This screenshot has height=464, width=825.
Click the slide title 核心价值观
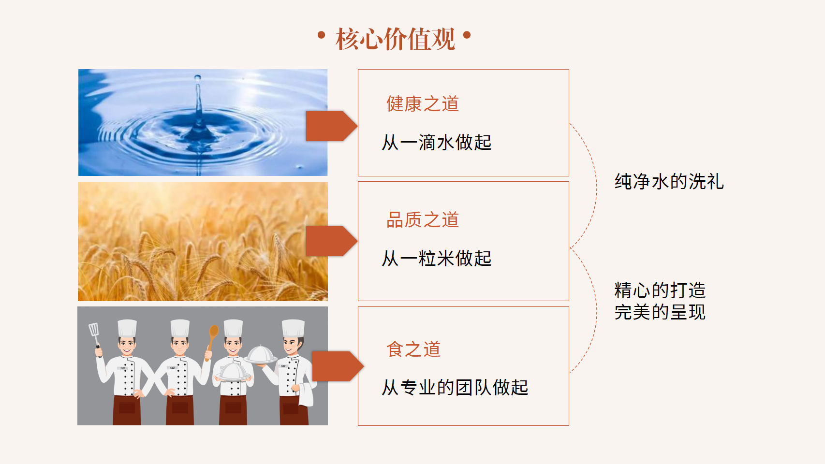click(395, 39)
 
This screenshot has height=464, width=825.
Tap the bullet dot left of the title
click(321, 35)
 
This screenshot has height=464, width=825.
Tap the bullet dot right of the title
click(467, 35)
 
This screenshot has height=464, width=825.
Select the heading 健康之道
click(423, 103)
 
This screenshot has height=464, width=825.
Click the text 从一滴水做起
click(437, 142)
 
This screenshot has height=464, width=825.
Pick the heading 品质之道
click(423, 219)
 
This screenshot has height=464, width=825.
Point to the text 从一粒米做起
click(437, 258)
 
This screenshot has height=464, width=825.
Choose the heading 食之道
click(413, 349)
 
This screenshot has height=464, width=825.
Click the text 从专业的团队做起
click(455, 388)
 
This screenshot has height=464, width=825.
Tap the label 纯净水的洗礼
click(669, 182)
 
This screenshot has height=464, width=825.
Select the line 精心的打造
click(660, 290)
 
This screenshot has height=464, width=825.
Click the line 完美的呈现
click(660, 312)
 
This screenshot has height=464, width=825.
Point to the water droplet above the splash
click(198, 77)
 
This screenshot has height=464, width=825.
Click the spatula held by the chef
click(95, 337)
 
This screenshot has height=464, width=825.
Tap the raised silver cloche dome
click(260, 355)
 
